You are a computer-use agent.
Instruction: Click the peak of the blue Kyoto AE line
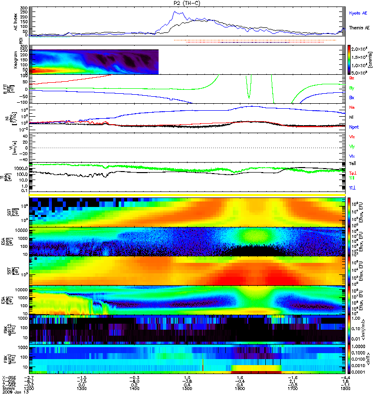(175, 11)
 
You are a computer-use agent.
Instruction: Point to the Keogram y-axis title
(15, 61)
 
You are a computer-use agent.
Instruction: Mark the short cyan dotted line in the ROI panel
(47, 37)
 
